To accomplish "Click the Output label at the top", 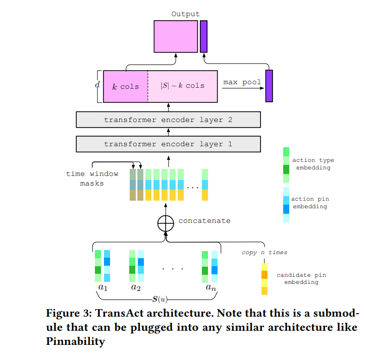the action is click(185, 14).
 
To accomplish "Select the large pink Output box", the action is click(176, 36).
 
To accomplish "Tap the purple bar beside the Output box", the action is click(203, 36).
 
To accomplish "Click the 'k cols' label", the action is click(126, 87).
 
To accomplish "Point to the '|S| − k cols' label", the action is click(182, 86).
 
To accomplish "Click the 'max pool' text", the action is click(242, 82).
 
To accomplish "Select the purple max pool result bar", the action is click(269, 86).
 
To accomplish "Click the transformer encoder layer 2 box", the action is click(168, 120).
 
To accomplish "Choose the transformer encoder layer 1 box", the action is click(168, 144).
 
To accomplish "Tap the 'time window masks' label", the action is click(92, 178).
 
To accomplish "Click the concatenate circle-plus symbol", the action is click(166, 223).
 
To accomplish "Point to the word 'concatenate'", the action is click(204, 221).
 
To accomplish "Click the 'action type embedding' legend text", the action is click(313, 164).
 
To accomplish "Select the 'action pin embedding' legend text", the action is click(310, 203).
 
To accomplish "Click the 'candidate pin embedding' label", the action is click(301, 278).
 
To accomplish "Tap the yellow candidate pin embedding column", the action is click(265, 279).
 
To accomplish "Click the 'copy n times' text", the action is click(265, 253).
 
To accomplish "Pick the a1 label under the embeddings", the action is click(102, 287).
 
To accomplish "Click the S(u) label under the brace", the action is click(160, 299).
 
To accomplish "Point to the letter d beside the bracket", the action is click(97, 84).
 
